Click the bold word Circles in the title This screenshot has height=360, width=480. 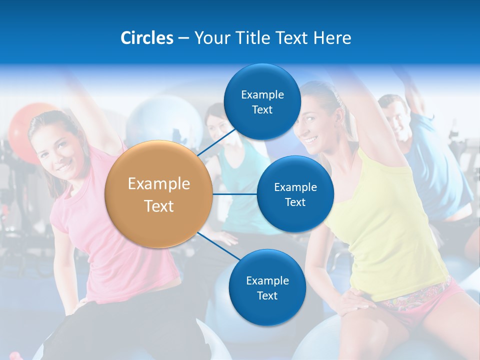(x=147, y=38)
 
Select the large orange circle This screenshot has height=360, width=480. (x=158, y=194)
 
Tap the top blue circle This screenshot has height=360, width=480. (x=262, y=102)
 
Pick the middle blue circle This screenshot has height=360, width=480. (x=295, y=194)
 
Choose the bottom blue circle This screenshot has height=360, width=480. (x=267, y=287)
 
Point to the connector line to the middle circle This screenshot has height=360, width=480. (x=234, y=194)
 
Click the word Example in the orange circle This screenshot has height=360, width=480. (x=158, y=184)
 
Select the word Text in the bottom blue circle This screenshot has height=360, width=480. (x=267, y=295)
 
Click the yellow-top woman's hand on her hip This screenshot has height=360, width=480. (x=350, y=300)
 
